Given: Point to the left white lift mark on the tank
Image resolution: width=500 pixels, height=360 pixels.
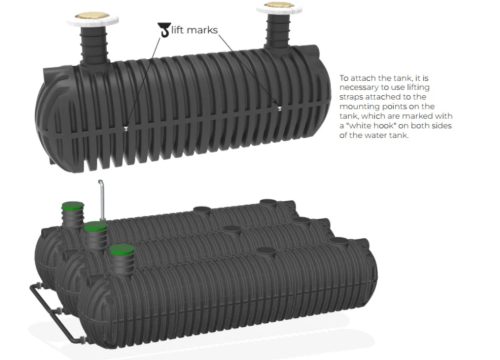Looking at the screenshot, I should [x=125, y=128].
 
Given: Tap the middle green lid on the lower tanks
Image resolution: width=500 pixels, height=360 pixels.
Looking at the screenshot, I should [x=96, y=229].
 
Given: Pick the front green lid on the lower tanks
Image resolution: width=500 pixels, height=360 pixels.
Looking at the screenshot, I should [x=122, y=250].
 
